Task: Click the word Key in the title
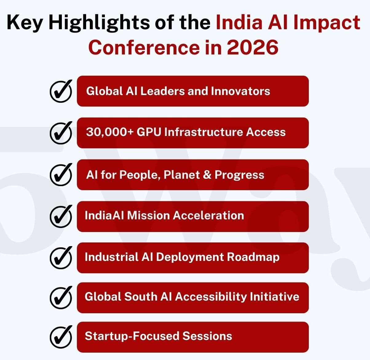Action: [25, 23]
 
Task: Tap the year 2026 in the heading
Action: [253, 47]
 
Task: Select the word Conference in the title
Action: [144, 47]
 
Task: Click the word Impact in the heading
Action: [327, 22]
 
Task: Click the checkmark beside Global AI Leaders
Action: [61, 91]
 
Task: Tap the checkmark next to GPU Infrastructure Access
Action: [61, 133]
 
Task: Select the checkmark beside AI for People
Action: [61, 175]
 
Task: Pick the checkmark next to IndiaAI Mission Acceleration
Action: [61, 216]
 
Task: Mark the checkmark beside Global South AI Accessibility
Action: [61, 298]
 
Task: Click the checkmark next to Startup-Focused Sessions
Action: [61, 337]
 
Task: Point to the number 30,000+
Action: [109, 132]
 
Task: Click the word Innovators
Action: [240, 91]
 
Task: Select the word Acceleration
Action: [209, 215]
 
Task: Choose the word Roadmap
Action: [253, 257]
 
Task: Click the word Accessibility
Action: [210, 297]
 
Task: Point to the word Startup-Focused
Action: [132, 336]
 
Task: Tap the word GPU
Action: [149, 132]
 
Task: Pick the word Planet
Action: [181, 175]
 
